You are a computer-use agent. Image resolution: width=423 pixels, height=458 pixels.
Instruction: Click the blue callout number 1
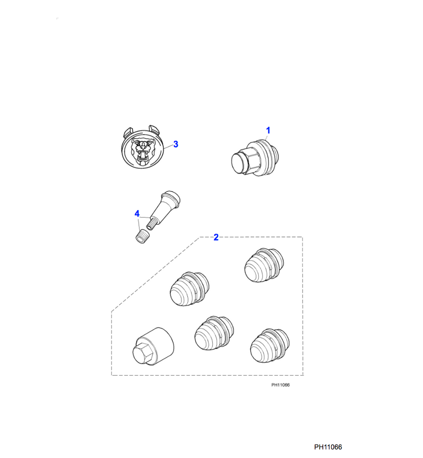pyautogui.click(x=268, y=130)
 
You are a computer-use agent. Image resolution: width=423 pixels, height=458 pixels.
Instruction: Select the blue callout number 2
pyautogui.click(x=216, y=237)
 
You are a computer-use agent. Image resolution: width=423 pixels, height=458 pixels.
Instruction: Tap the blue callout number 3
pyautogui.click(x=176, y=144)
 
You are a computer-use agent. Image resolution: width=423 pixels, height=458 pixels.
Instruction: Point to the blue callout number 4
pyautogui.click(x=137, y=214)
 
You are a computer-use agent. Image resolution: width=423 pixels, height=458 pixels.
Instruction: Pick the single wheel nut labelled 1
pyautogui.click(x=255, y=158)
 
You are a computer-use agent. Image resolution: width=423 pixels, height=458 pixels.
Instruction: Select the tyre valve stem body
pyautogui.click(x=165, y=207)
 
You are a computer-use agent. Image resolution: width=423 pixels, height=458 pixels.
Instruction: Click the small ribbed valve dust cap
pyautogui.click(x=141, y=236)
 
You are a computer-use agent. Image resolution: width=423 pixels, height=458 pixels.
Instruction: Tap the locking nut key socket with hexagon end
pyautogui.click(x=153, y=346)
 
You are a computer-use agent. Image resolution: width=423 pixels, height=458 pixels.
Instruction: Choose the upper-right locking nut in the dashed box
pyautogui.click(x=264, y=265)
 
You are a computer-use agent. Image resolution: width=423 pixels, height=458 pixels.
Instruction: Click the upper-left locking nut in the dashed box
pyautogui.click(x=190, y=289)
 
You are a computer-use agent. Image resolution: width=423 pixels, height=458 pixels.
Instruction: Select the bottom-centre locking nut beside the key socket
pyautogui.click(x=214, y=333)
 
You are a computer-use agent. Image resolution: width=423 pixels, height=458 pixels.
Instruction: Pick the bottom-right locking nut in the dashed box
pyautogui.click(x=270, y=346)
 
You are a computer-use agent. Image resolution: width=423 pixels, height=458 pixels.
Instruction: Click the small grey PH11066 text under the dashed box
pyautogui.click(x=280, y=385)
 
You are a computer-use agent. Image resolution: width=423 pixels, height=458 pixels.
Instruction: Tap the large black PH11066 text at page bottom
pyautogui.click(x=328, y=447)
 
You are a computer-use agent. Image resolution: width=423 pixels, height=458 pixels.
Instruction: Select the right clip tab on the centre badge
pyautogui.click(x=154, y=130)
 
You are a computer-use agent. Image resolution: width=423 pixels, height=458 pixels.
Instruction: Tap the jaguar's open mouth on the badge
pyautogui.click(x=143, y=155)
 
